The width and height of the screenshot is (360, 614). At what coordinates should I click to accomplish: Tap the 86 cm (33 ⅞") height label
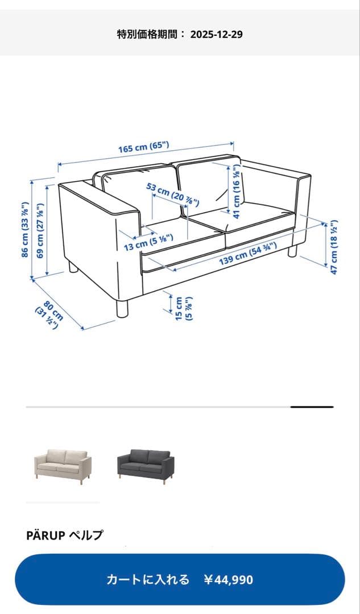25,230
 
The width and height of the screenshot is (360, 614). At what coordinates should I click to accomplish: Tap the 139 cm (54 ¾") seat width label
248,254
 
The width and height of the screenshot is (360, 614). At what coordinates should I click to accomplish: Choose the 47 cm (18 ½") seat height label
334,247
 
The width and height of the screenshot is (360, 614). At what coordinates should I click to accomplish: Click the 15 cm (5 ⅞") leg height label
184,308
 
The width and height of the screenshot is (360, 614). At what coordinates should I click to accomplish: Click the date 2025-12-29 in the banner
216,34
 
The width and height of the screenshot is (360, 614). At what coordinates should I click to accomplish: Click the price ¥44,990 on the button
229,580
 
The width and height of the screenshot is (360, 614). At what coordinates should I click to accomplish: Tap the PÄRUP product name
46,535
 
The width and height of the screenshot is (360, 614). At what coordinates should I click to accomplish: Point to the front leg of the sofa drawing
122,308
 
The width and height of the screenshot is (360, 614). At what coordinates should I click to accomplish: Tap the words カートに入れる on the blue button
148,580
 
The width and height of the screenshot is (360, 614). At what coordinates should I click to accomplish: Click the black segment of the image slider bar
312,407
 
